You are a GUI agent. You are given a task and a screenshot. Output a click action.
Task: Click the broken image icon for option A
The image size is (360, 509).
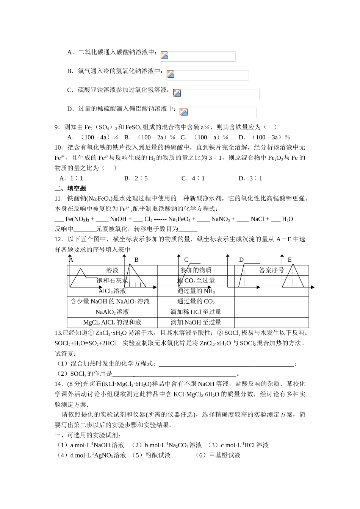(164, 55)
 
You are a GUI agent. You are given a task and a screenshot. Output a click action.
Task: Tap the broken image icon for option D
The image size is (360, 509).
(184, 112)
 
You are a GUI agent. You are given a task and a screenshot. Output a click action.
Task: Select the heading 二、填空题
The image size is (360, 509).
(70, 189)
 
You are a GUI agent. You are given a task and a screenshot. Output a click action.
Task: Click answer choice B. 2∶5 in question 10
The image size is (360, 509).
(136, 178)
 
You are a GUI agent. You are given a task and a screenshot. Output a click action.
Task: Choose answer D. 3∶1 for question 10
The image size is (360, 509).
(250, 178)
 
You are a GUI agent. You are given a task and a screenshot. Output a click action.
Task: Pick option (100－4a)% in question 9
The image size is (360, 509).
(93, 137)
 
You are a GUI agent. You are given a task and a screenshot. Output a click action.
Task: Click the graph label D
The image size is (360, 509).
(241, 260)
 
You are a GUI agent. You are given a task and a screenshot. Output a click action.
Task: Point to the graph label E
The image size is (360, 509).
(290, 260)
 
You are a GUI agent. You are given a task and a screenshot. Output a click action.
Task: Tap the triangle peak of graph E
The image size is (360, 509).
(293, 264)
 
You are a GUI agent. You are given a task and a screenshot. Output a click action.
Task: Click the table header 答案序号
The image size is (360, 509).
(271, 270)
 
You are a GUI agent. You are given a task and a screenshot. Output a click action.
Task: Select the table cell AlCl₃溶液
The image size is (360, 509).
(112, 291)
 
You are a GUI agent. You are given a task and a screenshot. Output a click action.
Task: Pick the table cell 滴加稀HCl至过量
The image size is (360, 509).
(196, 312)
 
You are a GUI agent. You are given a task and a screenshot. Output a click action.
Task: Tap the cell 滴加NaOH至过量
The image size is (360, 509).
(196, 322)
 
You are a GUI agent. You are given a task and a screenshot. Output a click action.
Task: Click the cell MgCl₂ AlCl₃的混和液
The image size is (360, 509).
(112, 322)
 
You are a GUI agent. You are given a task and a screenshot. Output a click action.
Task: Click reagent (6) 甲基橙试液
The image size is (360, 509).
(218, 455)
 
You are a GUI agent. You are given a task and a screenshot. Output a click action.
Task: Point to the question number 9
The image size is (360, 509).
(57, 127)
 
